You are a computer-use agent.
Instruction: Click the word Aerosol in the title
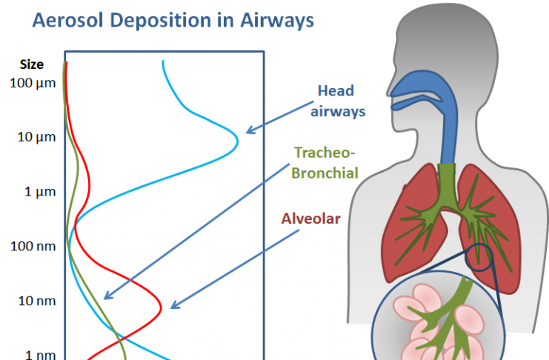click(x=67, y=20)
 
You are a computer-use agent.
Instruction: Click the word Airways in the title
click(x=277, y=21)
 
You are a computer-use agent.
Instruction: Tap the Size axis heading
click(x=32, y=64)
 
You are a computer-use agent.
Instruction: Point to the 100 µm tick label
click(x=33, y=84)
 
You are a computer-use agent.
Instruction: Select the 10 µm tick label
click(x=36, y=137)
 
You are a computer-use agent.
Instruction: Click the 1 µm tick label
click(x=40, y=192)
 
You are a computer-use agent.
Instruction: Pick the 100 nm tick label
click(x=33, y=246)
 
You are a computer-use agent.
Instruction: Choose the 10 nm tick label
click(x=37, y=301)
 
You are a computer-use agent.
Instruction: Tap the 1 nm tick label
click(x=40, y=355)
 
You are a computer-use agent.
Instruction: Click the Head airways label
click(x=338, y=101)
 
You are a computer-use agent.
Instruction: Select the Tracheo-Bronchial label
click(x=325, y=163)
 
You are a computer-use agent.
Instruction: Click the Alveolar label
click(x=311, y=219)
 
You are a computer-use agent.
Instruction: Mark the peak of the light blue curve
click(x=238, y=141)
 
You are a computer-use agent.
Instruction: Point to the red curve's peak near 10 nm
click(x=161, y=308)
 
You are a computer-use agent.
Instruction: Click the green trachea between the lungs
click(x=447, y=179)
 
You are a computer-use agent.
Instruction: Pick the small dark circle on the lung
click(x=479, y=257)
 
